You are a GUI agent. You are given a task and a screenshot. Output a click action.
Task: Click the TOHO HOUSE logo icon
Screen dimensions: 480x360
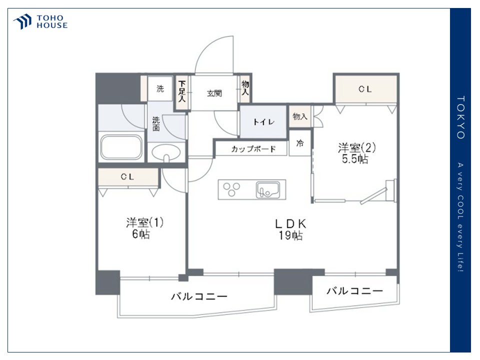click(22, 21)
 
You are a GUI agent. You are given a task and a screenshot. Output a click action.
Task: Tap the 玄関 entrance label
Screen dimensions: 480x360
click(214, 93)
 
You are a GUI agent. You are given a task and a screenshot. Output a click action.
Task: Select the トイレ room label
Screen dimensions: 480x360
click(263, 122)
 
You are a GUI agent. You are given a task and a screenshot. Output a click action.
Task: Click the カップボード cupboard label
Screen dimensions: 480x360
click(253, 149)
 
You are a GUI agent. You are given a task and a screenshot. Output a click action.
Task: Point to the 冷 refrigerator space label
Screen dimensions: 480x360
click(300, 143)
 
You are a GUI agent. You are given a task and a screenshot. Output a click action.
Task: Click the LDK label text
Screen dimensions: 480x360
click(290, 224)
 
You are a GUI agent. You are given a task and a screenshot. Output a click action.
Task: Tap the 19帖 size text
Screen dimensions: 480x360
click(290, 235)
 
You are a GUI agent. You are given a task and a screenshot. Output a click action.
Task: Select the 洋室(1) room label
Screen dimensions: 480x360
click(144, 222)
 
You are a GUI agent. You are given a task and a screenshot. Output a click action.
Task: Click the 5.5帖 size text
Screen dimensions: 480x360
click(355, 159)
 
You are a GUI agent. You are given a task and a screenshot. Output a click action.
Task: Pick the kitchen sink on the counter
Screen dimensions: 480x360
click(268, 190)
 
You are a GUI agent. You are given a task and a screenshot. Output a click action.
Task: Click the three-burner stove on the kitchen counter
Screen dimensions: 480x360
click(231, 189)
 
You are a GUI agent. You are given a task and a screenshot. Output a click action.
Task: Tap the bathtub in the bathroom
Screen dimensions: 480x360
click(121, 147)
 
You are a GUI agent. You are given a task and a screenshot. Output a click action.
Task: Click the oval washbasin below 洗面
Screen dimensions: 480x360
click(166, 153)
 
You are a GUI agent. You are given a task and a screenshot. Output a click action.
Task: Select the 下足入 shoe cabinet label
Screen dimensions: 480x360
click(182, 91)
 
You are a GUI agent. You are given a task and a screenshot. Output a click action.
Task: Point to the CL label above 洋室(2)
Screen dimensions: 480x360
click(365, 89)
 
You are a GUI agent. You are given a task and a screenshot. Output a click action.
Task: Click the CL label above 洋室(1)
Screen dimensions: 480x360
click(127, 176)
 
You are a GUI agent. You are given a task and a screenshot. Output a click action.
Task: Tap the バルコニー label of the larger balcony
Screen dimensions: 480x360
click(199, 296)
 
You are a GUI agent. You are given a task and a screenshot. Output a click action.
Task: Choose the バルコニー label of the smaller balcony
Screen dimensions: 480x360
click(354, 290)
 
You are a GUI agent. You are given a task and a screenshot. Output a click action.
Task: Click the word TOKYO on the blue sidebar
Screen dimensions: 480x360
click(460, 117)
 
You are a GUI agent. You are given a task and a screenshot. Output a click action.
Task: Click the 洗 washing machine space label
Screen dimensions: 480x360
click(160, 89)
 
